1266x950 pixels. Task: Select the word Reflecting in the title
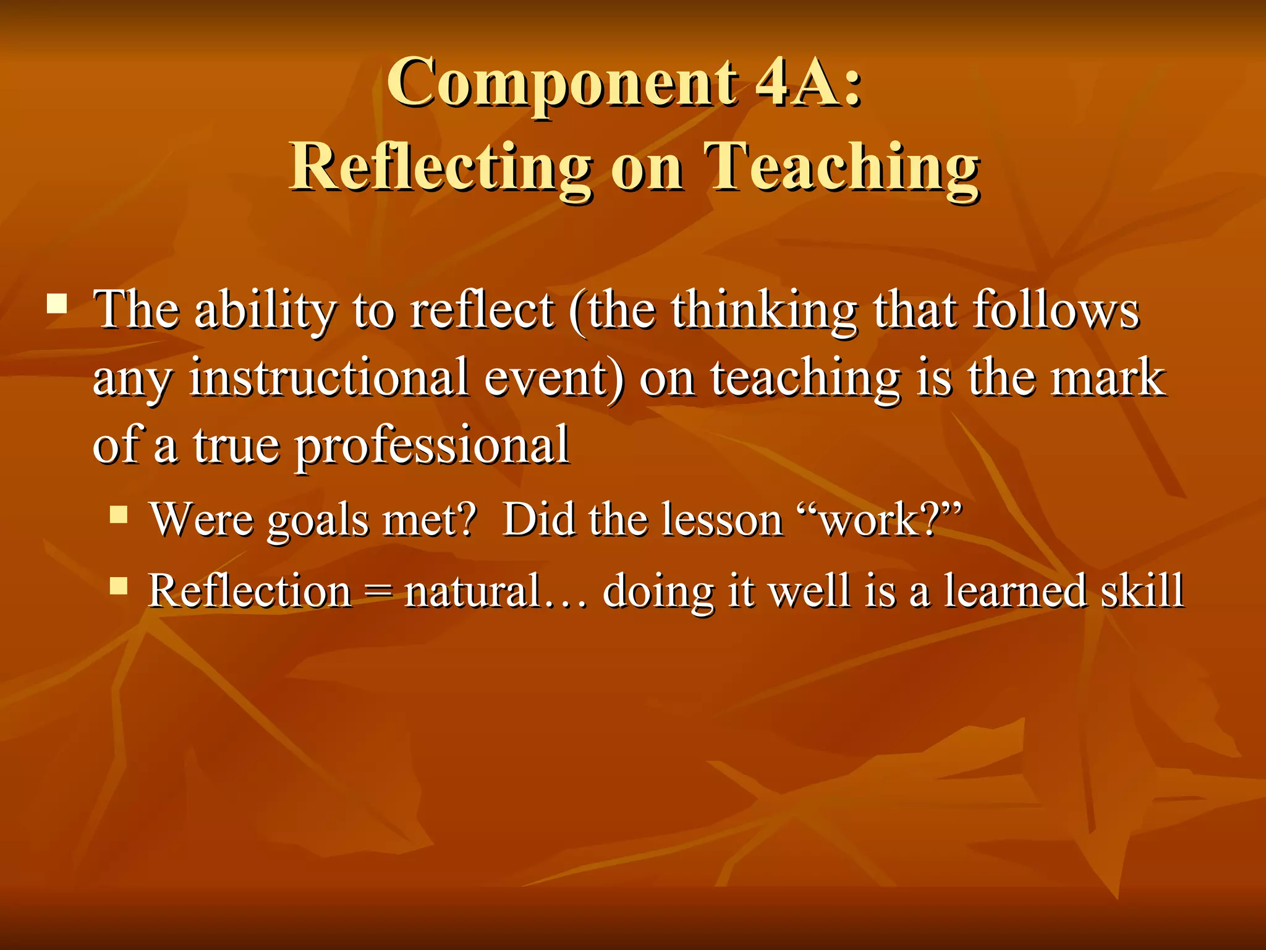(x=441, y=167)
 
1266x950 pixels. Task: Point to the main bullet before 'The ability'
(x=57, y=304)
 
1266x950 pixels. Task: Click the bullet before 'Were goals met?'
(x=118, y=515)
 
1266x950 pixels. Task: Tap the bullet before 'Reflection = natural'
(x=118, y=586)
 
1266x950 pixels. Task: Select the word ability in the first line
(x=265, y=310)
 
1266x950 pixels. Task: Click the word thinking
(x=765, y=310)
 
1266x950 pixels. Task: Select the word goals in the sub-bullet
(x=318, y=521)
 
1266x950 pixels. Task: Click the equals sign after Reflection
(x=378, y=591)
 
